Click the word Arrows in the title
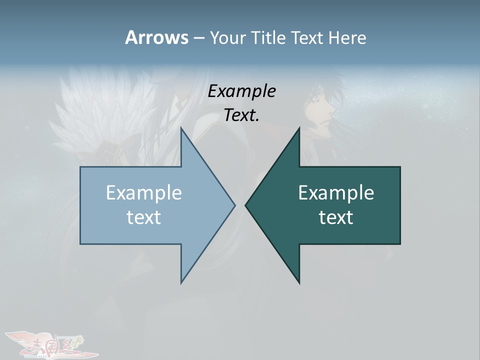[156, 37]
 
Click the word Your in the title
[226, 37]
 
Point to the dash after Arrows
[198, 38]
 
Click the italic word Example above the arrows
[241, 91]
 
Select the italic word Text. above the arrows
[241, 115]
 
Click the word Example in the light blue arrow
[144, 192]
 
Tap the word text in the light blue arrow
[144, 217]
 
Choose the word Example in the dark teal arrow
[336, 192]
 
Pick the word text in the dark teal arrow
[336, 217]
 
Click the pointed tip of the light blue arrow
[234, 205]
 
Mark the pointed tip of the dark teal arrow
[245, 205]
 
